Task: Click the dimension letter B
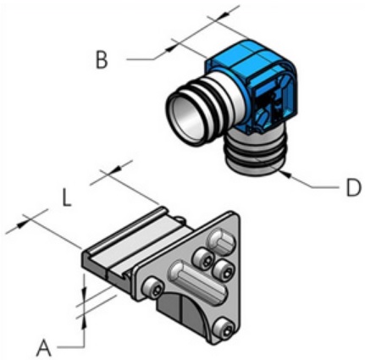(101, 60)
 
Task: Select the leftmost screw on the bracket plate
(154, 289)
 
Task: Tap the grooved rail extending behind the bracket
(135, 237)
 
